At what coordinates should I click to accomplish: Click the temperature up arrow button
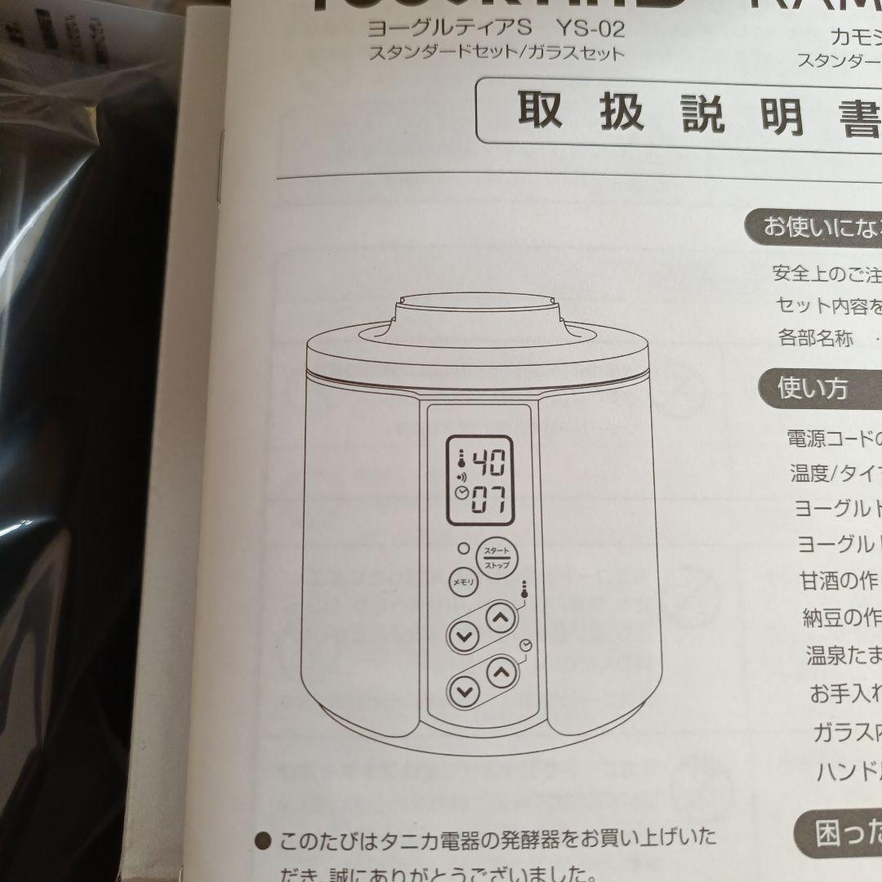[501, 617]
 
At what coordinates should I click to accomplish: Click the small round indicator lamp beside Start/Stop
[463, 549]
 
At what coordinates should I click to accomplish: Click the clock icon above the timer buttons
[524, 647]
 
